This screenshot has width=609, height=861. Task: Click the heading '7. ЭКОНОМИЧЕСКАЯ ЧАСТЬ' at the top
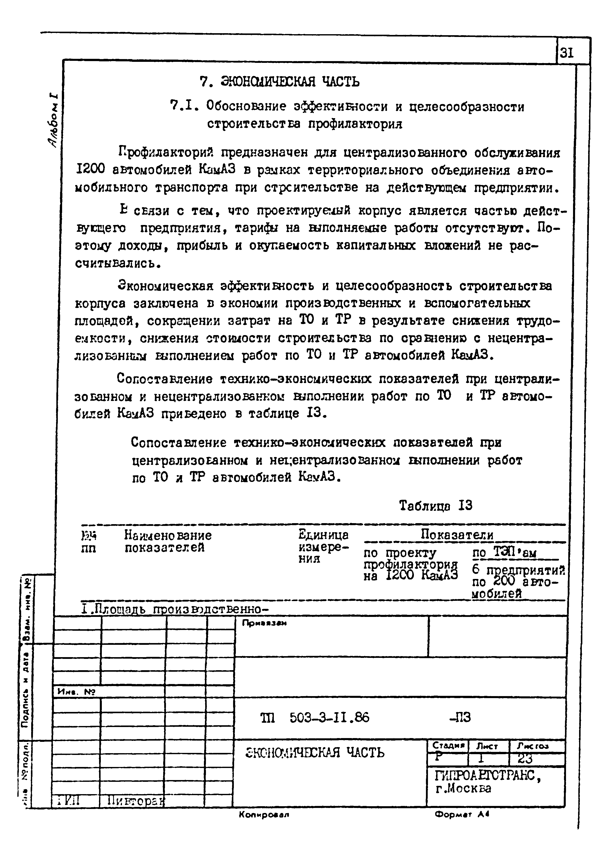tap(279, 81)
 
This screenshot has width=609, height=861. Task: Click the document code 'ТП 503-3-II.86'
tap(314, 718)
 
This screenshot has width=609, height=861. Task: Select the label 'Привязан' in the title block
tap(264, 623)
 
